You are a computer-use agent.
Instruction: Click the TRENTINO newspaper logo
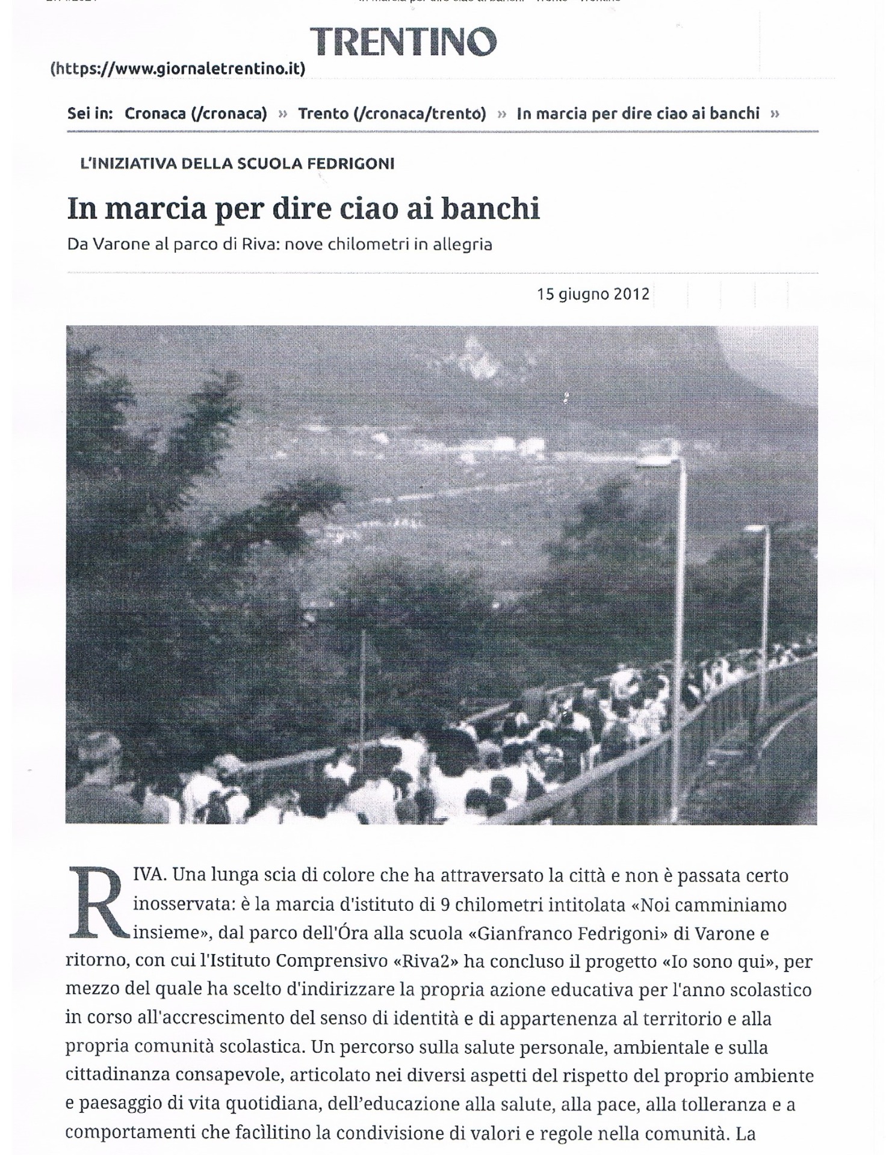pos(403,42)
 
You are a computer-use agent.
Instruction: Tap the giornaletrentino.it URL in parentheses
pos(178,69)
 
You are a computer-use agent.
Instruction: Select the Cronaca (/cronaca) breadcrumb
pos(196,113)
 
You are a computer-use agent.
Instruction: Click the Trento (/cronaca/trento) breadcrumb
pos(392,113)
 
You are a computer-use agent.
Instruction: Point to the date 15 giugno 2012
pos(593,294)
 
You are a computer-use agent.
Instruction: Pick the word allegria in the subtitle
pos(462,245)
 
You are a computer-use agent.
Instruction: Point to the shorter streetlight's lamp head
pos(757,529)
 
